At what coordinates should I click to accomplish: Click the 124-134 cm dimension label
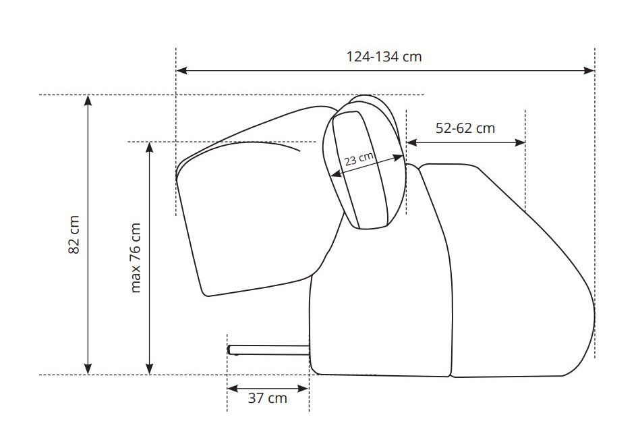click(384, 57)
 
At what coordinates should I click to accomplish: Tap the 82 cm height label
click(74, 235)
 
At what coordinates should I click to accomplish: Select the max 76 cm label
click(136, 258)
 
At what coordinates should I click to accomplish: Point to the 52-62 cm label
click(465, 128)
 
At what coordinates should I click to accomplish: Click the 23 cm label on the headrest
click(359, 159)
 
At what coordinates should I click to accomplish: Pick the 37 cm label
click(267, 398)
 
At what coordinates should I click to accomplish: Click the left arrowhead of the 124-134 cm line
click(181, 70)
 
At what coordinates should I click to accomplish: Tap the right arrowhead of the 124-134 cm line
click(589, 70)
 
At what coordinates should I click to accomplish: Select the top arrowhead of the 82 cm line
click(88, 100)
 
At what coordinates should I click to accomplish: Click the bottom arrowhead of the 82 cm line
click(88, 368)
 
